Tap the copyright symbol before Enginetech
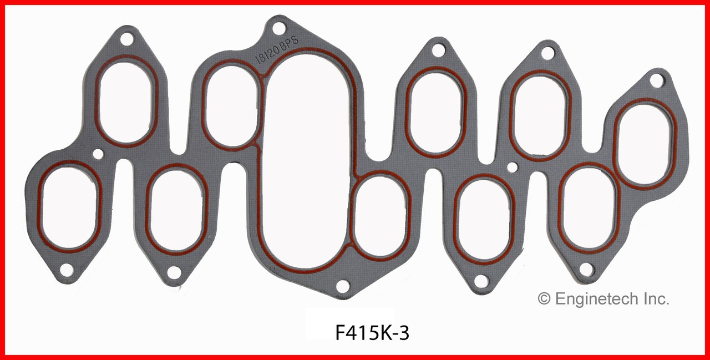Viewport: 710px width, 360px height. point(544,300)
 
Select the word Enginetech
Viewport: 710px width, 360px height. point(596,300)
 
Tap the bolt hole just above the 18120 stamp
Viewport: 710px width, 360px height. point(278,27)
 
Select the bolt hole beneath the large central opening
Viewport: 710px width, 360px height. point(343,286)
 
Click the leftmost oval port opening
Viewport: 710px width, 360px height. point(70,207)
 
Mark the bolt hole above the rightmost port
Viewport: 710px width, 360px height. point(656,80)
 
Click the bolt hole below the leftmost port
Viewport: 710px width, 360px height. point(66,270)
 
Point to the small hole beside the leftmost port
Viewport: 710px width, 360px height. point(98,154)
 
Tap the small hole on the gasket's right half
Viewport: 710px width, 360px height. point(513,166)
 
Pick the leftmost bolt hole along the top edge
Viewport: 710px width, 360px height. point(127,39)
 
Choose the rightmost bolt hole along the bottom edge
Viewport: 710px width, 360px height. point(586,270)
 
